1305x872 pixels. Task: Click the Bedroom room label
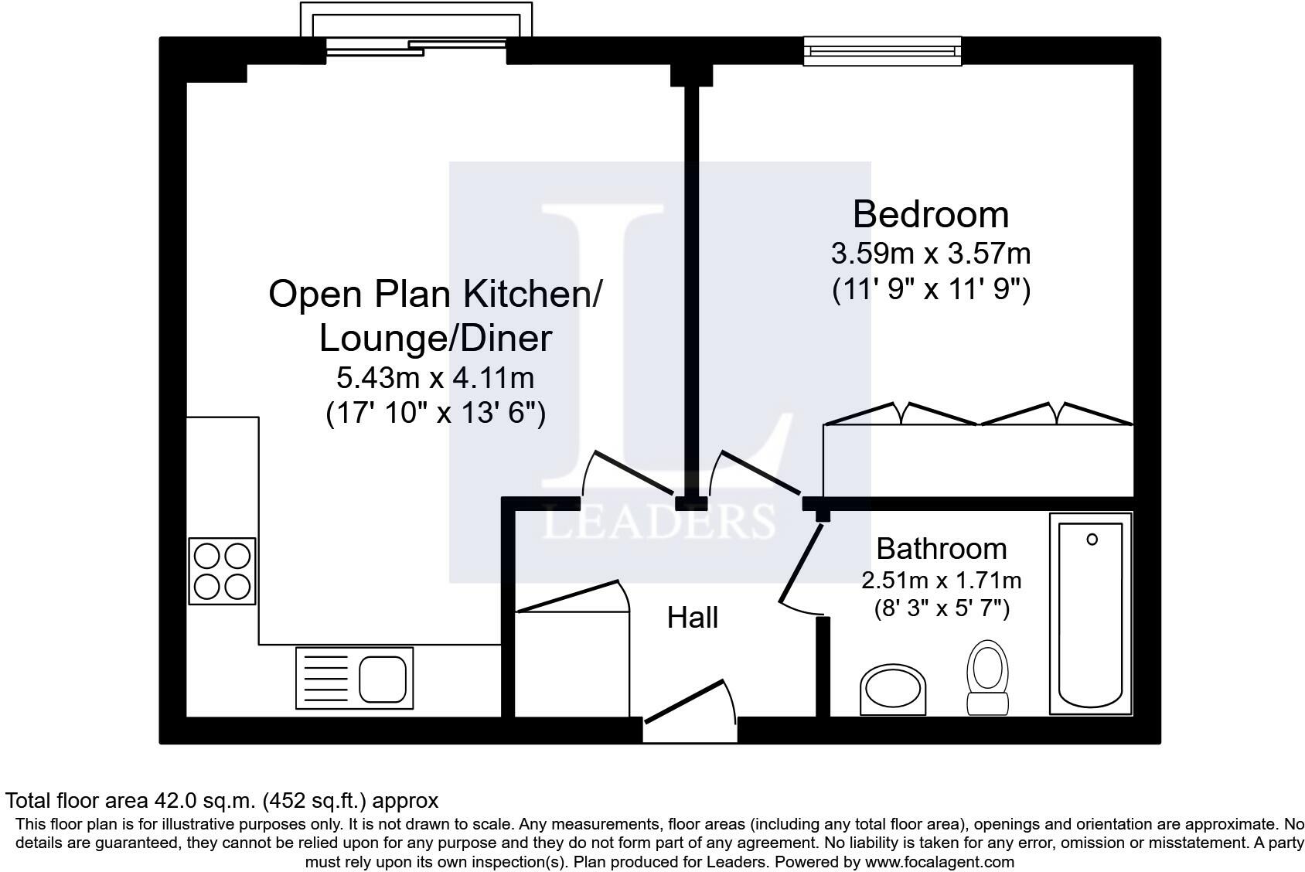(930, 214)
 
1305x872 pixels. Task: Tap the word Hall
(692, 618)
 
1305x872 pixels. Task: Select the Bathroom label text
(942, 549)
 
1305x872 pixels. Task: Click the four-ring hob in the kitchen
(222, 571)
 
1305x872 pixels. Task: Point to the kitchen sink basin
(382, 680)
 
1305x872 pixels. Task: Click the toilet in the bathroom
(987, 677)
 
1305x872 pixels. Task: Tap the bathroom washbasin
(892, 690)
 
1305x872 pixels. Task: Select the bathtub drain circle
(1092, 540)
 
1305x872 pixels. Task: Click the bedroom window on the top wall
(882, 51)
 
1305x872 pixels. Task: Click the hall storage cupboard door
(573, 596)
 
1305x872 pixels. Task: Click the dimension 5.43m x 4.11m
(435, 378)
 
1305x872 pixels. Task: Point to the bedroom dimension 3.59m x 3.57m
(930, 254)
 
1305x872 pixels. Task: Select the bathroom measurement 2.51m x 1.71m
(942, 580)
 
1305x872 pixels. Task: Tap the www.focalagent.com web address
(939, 861)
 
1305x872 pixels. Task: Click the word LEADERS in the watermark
(659, 521)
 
